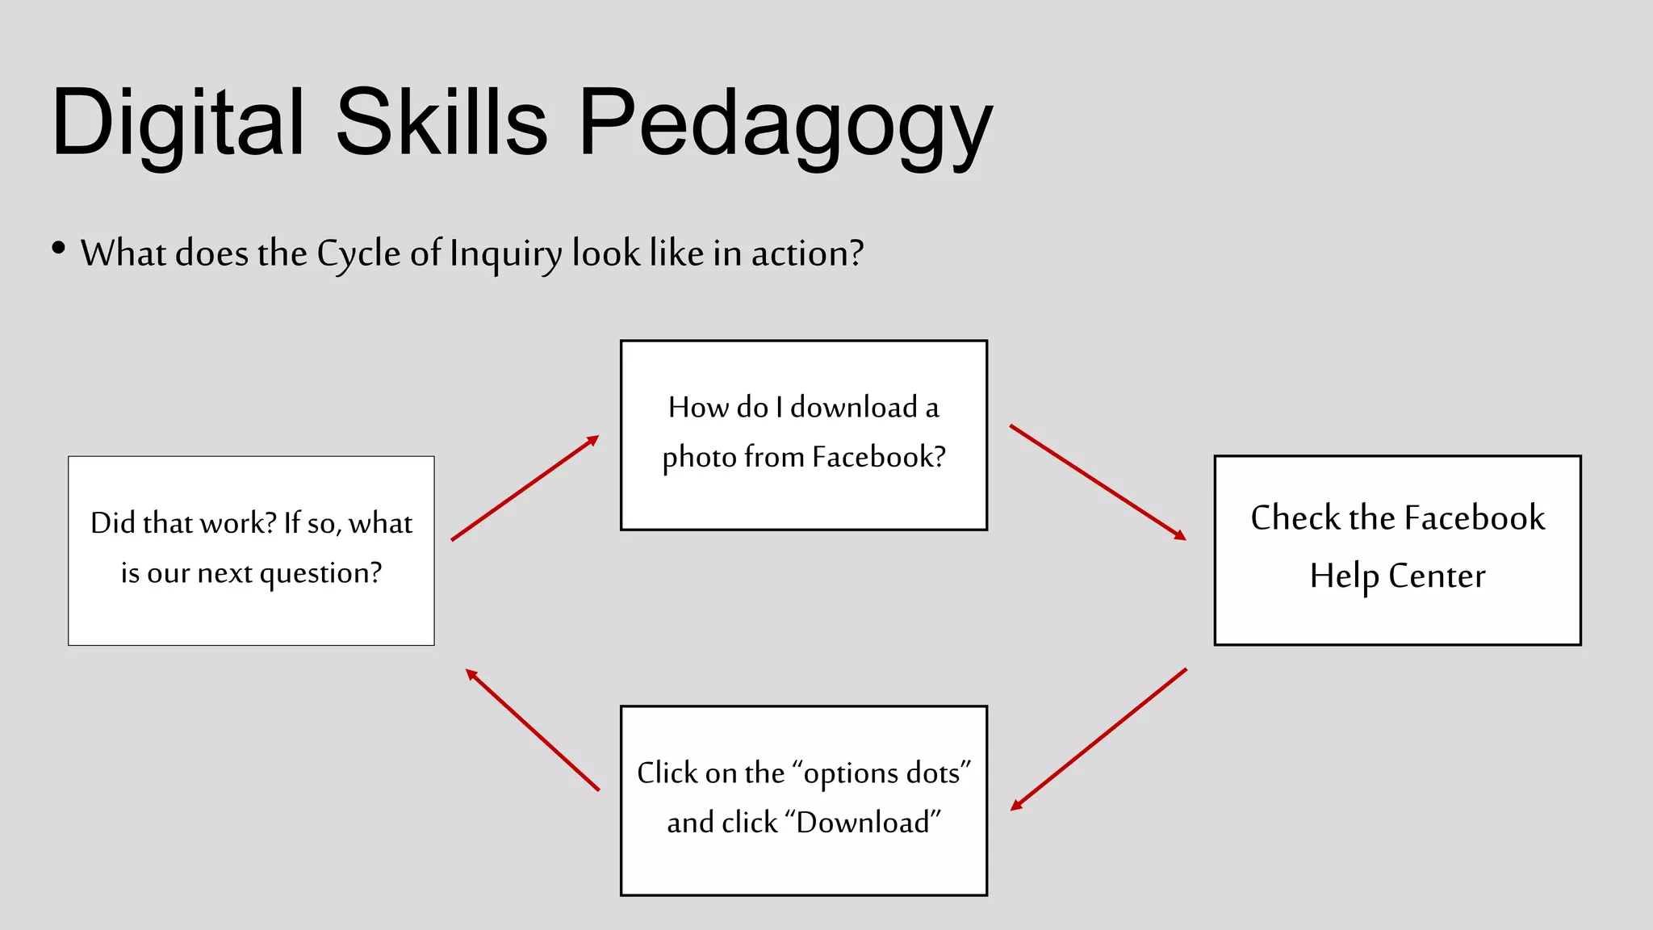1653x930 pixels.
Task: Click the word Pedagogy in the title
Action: (x=785, y=123)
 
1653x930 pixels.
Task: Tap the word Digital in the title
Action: (x=178, y=123)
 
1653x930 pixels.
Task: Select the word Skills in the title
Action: (x=441, y=123)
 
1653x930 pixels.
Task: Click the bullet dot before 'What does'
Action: (x=58, y=248)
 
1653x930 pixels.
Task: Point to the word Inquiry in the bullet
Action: (x=506, y=253)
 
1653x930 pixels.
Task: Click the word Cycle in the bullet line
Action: (x=358, y=253)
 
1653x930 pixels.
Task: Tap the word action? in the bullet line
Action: (x=807, y=253)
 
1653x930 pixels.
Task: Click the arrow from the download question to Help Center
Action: (x=1098, y=482)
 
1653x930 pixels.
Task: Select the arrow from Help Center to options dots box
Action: (x=1099, y=739)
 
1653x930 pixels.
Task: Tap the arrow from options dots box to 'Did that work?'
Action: (x=533, y=730)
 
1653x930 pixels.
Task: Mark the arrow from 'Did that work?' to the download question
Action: (x=525, y=488)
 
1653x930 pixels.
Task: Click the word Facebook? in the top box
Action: (x=878, y=457)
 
